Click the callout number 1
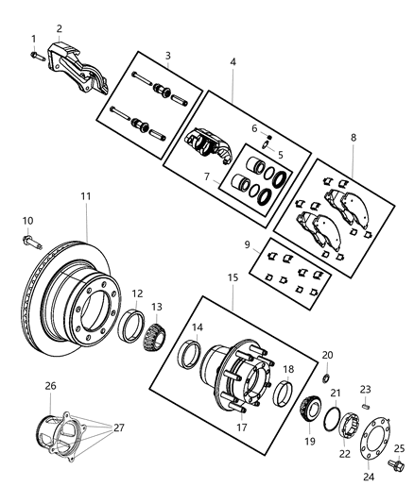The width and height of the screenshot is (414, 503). (32, 39)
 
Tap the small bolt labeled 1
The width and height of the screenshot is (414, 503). (37, 55)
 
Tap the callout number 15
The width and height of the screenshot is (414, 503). (232, 278)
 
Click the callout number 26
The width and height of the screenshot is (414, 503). (51, 385)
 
